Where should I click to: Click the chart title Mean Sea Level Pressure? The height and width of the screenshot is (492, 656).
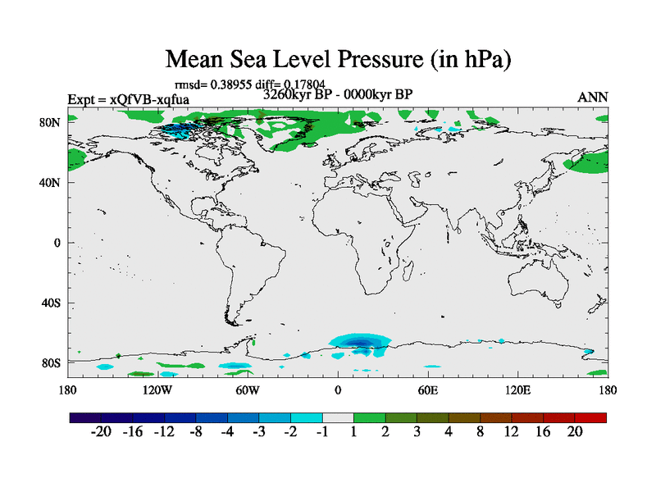tap(338, 59)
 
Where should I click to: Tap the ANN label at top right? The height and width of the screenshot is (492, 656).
tap(593, 97)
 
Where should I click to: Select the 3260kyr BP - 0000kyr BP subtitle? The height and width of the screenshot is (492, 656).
tap(337, 93)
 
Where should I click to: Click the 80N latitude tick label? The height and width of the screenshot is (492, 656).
tap(51, 122)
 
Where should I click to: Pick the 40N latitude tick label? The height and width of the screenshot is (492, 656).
tap(51, 182)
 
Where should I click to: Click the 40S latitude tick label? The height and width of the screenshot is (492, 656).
tap(51, 303)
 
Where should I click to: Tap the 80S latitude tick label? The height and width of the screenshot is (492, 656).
tap(51, 362)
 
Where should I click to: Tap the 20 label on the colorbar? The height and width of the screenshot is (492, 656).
tap(575, 432)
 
